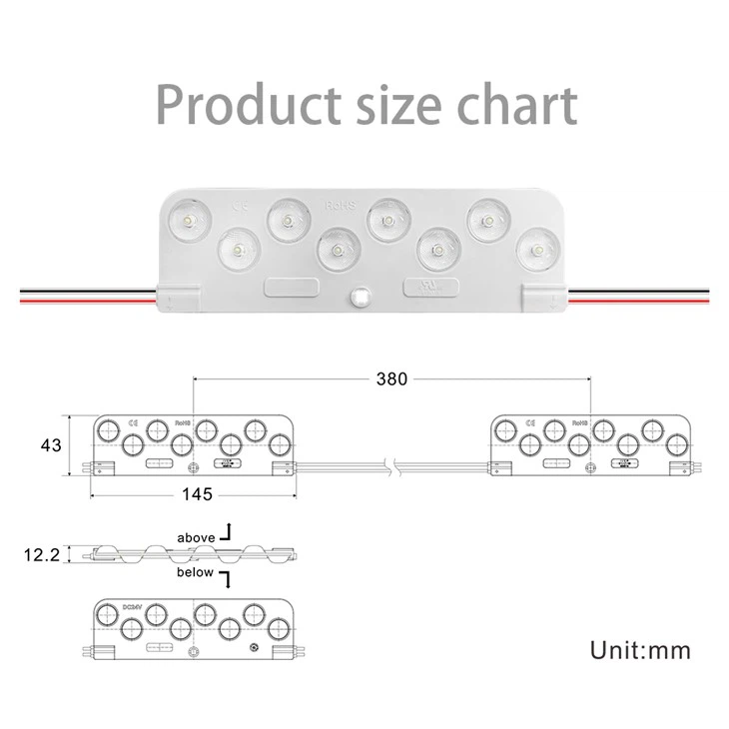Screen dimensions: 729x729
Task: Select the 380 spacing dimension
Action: tap(391, 378)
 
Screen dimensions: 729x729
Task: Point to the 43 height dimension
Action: tap(51, 443)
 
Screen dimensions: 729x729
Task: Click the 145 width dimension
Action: tap(196, 494)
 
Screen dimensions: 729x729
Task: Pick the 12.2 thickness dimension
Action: tap(40, 553)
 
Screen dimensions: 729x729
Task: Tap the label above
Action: tap(196, 537)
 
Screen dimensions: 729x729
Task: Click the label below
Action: tap(196, 572)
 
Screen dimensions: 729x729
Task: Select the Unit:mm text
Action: tap(639, 650)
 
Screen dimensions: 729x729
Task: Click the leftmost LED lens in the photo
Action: tap(187, 217)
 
